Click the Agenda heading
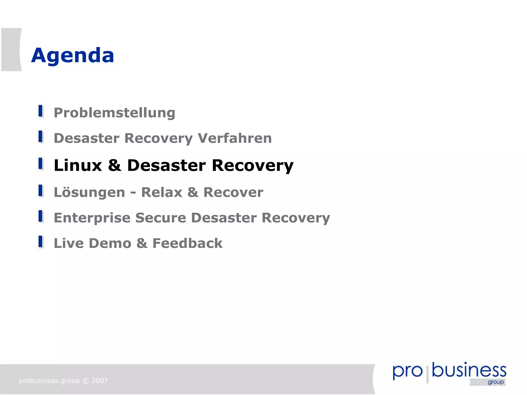coord(73,56)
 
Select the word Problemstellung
coord(114,113)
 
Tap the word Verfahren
coord(234,138)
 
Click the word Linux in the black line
coord(78,165)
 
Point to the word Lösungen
coord(89,192)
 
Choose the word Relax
coord(162,192)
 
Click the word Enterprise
coord(92,218)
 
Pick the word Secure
coord(161,218)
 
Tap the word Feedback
coord(187,243)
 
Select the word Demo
coord(110,243)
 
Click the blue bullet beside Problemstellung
coord(41,111)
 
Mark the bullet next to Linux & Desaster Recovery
coord(41,164)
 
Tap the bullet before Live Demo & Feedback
coord(41,242)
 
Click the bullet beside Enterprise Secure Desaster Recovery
coord(41,216)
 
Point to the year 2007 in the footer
coord(100,381)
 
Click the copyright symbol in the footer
coord(86,381)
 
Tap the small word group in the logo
coord(496,382)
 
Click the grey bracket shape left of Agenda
coord(11,49)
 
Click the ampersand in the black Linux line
coord(115,165)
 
